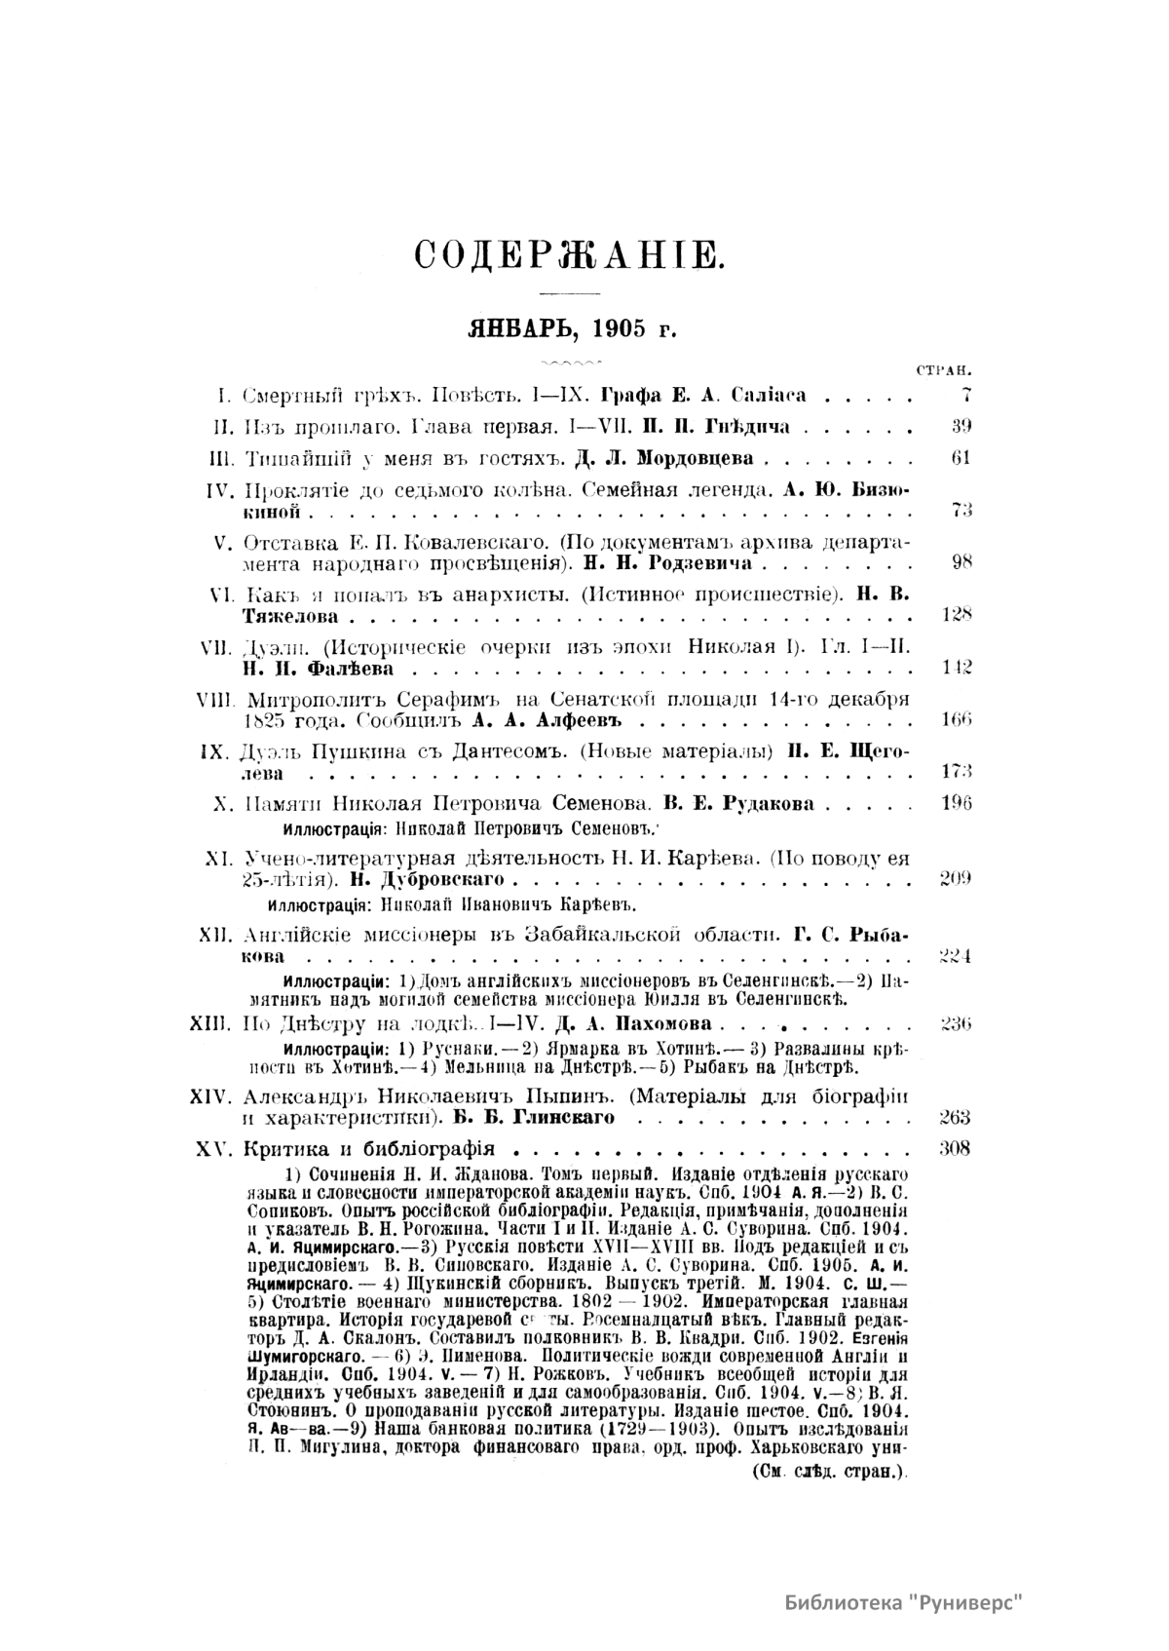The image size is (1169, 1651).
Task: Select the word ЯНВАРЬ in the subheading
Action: point(513,327)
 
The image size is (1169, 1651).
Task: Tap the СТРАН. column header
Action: point(946,371)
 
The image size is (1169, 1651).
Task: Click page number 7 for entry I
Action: point(964,396)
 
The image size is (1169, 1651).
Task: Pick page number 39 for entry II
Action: point(961,426)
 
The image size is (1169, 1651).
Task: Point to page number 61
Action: point(961,458)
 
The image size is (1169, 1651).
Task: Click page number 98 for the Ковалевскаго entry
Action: point(961,562)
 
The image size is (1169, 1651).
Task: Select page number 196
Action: point(957,804)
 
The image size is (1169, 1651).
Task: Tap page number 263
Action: point(956,1117)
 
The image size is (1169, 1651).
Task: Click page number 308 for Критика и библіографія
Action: point(956,1148)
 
